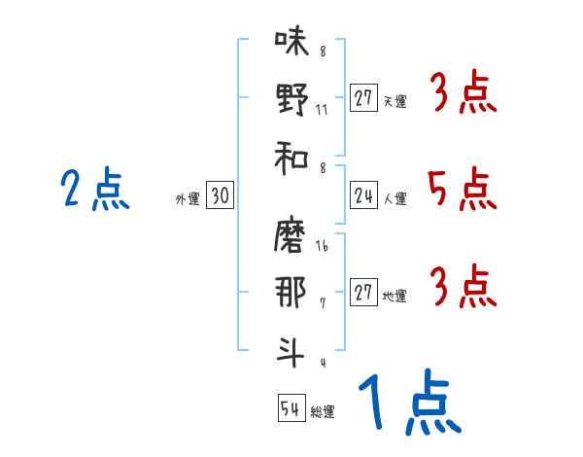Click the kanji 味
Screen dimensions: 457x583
click(291, 43)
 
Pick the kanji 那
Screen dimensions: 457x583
click(291, 294)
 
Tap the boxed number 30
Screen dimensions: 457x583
click(220, 195)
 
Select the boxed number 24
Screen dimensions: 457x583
click(363, 195)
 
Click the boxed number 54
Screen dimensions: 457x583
click(291, 408)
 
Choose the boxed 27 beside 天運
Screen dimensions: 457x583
click(363, 97)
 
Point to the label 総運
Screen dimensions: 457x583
click(323, 412)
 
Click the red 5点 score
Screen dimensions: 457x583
click(461, 189)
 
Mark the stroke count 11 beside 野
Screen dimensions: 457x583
click(322, 109)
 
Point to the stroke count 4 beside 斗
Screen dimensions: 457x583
click(322, 363)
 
